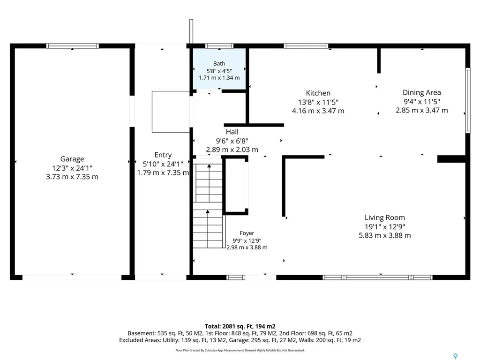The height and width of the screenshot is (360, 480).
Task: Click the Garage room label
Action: point(72,159)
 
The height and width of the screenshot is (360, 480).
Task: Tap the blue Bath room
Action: point(219,69)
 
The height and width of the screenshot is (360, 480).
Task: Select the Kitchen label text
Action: point(318,93)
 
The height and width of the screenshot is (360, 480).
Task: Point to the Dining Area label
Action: point(421,92)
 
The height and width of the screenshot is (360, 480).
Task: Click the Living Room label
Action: point(384,217)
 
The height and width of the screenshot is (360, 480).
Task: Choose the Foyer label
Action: point(247,233)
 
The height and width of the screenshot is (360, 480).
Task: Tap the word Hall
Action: point(232,132)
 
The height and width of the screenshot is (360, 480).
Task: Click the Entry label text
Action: point(163,155)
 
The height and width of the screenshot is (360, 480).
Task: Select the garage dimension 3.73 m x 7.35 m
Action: point(72,177)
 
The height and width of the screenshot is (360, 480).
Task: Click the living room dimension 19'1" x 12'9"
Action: point(384,226)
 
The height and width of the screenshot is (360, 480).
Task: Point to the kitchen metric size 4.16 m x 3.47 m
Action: point(318,111)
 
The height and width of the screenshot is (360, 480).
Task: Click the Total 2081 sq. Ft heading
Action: point(240,326)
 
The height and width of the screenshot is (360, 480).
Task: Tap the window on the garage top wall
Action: point(73,46)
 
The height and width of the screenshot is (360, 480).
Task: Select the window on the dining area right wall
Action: point(468,100)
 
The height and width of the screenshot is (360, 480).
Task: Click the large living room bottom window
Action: point(378,277)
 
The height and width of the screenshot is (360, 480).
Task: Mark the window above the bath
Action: point(219,46)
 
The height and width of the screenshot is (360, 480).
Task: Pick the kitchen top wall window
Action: point(306,46)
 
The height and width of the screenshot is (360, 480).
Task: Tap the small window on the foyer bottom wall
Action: point(236,277)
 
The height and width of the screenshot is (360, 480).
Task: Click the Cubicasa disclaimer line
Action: point(240,350)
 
